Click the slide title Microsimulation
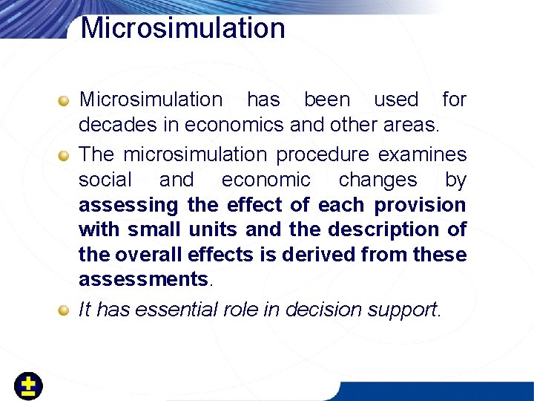click(x=182, y=28)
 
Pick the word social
click(x=105, y=180)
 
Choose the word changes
click(x=378, y=180)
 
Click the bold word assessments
click(x=143, y=280)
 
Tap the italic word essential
click(x=175, y=310)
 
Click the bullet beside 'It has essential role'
click(x=65, y=310)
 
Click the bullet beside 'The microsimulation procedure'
click(x=65, y=155)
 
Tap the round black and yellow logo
click(x=28, y=386)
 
